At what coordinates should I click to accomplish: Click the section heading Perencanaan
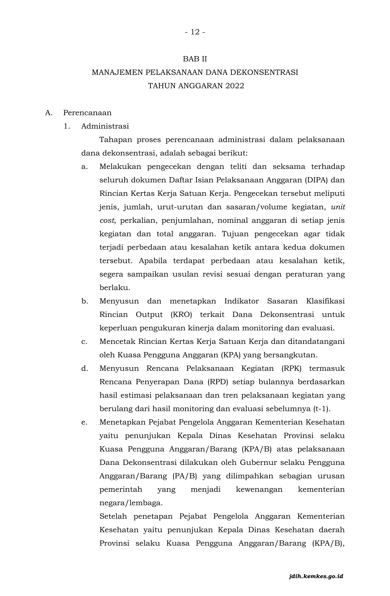pyautogui.click(x=87, y=113)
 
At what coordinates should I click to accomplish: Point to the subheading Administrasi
pyautogui.click(x=105, y=126)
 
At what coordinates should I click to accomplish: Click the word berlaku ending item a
pyautogui.click(x=115, y=288)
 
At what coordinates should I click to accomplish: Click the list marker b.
pyautogui.click(x=85, y=301)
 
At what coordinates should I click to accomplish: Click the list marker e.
pyautogui.click(x=84, y=422)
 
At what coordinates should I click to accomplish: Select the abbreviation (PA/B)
pyautogui.click(x=185, y=476)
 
